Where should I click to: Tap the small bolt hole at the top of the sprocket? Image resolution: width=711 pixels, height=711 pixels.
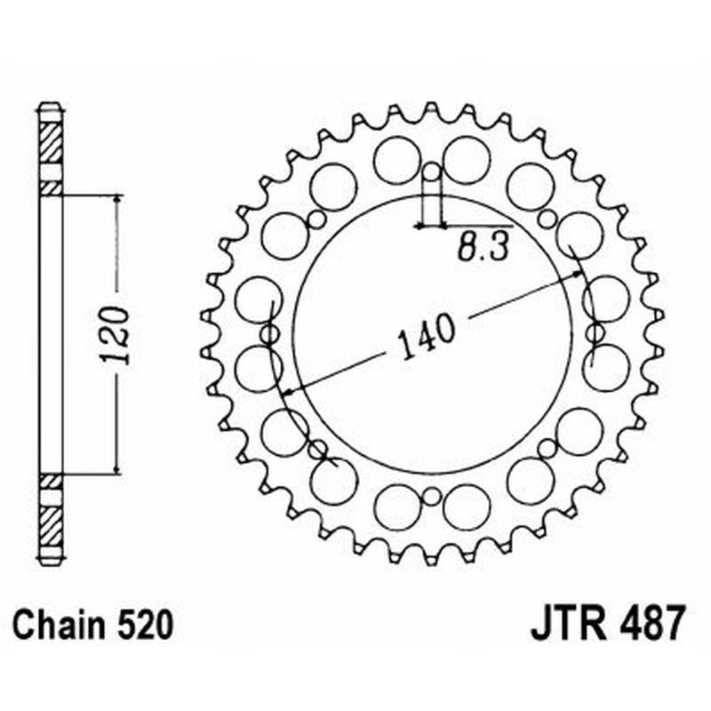[x=431, y=172]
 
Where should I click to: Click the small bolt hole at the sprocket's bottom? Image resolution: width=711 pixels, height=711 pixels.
[x=431, y=495]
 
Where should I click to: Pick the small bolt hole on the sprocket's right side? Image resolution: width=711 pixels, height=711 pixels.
[x=593, y=333]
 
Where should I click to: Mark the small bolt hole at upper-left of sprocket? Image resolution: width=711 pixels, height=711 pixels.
[x=316, y=220]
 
